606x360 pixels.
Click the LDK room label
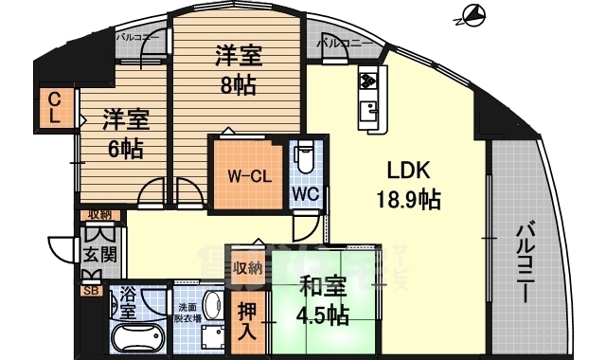click(408, 171)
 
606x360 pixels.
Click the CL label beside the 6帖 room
click(55, 109)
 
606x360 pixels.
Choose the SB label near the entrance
click(91, 291)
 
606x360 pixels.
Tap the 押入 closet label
click(243, 321)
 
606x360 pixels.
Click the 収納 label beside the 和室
click(247, 268)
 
